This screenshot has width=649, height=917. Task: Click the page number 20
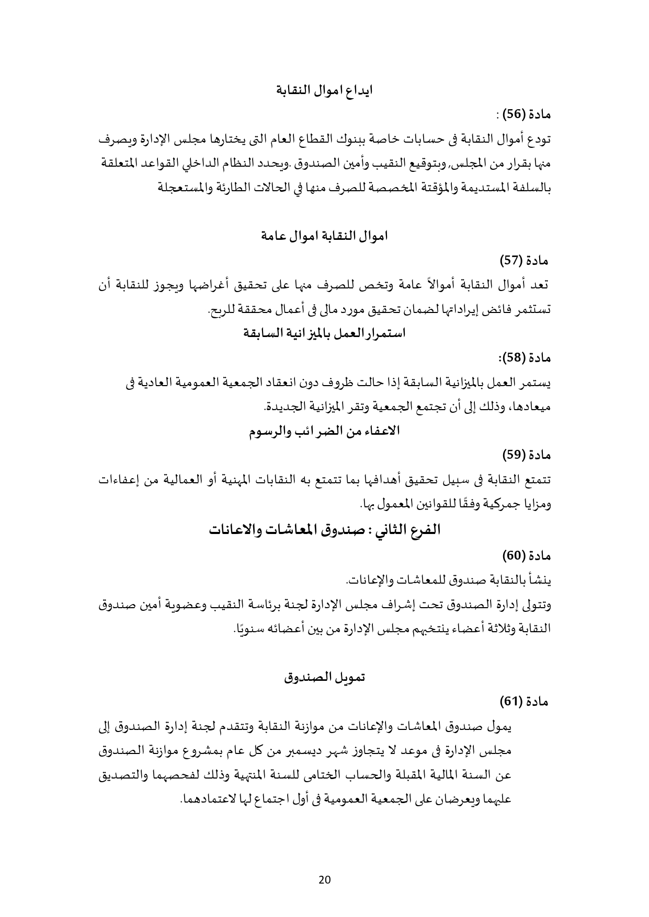click(x=324, y=879)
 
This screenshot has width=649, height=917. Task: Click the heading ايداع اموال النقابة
click(x=324, y=89)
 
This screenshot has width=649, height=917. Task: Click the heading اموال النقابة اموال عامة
click(x=324, y=236)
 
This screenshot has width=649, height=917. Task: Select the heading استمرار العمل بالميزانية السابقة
click(x=324, y=333)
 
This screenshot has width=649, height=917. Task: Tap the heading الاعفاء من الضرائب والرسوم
click(x=324, y=431)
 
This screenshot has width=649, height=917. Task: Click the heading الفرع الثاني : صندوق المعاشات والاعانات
click(x=324, y=529)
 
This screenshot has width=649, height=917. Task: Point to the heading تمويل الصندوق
click(x=324, y=677)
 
